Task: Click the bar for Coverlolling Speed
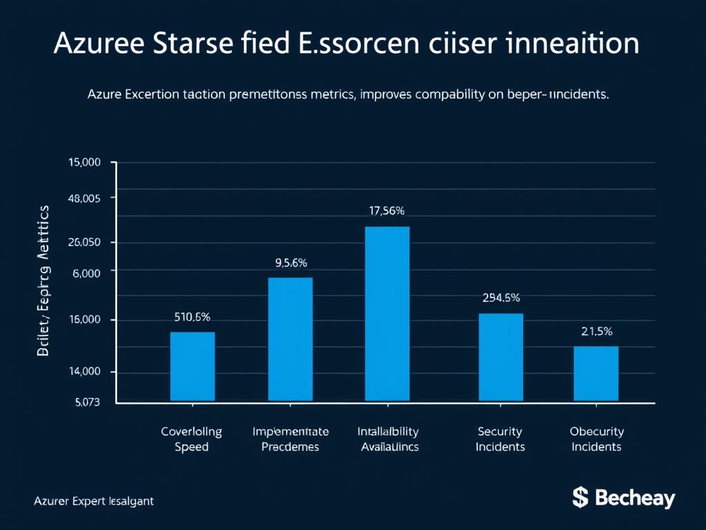pos(192,366)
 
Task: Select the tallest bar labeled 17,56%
pos(387,313)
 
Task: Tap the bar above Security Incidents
pos(501,357)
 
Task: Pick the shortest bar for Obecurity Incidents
pos(596,373)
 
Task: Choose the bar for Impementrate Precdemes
pos(290,339)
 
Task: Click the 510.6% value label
pos(192,317)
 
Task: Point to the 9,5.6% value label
pos(290,262)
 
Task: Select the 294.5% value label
pos(501,298)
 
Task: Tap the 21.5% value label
pos(596,331)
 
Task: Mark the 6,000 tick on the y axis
pos(87,273)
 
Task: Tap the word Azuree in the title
pos(100,43)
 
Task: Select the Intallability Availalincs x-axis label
pos(389,439)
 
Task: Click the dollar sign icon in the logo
pos(580,497)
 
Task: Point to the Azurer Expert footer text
pos(94,502)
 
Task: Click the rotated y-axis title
pos(44,280)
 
